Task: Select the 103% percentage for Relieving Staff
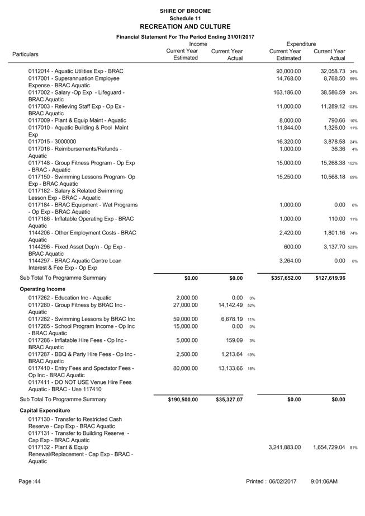tap(353, 106)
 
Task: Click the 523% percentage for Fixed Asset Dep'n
tap(353, 247)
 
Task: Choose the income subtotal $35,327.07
tap(229, 400)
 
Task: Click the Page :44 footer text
tap(30, 482)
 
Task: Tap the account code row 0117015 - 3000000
tap(52, 142)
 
